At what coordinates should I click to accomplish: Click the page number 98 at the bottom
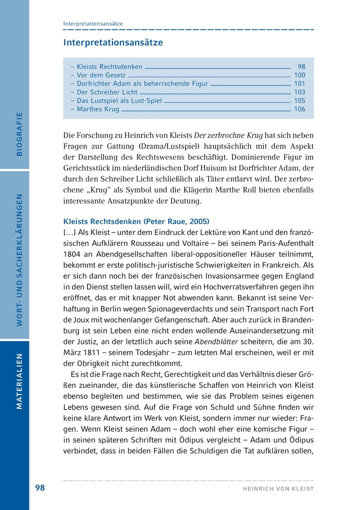(40, 488)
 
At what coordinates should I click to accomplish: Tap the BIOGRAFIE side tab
(19, 134)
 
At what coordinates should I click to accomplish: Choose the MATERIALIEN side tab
(19, 381)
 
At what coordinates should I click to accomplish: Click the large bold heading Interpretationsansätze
(113, 42)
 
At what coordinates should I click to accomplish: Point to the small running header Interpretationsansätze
(93, 23)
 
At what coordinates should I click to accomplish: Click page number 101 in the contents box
(299, 83)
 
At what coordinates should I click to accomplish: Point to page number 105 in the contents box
(299, 100)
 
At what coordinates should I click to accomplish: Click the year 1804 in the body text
(71, 254)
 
